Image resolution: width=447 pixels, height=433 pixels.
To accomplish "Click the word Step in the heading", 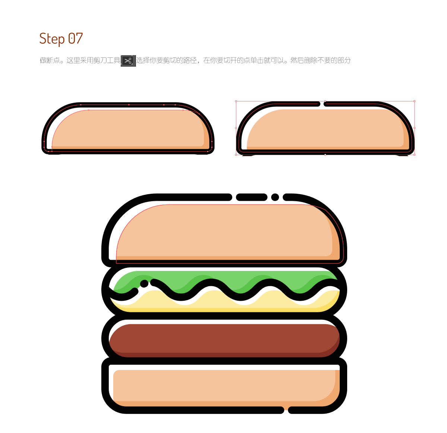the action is [x=52, y=39].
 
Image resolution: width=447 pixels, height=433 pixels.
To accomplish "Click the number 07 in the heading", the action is [x=75, y=38].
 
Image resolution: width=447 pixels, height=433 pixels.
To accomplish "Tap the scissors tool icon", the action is [x=128, y=61].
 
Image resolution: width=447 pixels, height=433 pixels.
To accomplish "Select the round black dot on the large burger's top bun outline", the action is [x=275, y=197].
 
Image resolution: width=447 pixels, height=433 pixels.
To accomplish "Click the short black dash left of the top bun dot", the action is [x=251, y=197].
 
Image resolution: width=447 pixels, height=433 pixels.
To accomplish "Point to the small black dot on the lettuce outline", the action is [x=144, y=283].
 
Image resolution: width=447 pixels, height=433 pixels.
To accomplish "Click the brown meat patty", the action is [x=224, y=340].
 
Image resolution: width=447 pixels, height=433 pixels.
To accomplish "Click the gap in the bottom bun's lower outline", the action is [x=286, y=410].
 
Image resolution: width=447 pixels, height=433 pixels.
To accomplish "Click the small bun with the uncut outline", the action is [x=128, y=128].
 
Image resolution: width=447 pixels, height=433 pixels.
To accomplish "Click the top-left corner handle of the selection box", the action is [x=236, y=101].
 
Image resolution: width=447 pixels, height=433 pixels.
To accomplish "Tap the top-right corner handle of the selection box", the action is [x=414, y=101].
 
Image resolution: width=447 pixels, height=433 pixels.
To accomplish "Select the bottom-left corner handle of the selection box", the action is [x=236, y=155].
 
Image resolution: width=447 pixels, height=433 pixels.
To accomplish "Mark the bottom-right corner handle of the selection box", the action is [x=414, y=155].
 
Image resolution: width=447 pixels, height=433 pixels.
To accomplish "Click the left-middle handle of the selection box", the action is [x=236, y=128].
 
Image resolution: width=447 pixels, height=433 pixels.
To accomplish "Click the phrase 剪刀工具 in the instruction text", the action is [x=107, y=60].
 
